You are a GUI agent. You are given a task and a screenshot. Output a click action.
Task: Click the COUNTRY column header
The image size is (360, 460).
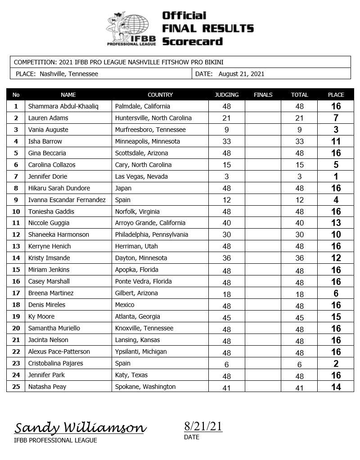click(160, 95)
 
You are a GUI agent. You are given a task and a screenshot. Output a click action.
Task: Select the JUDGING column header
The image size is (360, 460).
click(226, 95)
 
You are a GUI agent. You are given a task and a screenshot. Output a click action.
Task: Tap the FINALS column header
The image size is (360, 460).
click(263, 95)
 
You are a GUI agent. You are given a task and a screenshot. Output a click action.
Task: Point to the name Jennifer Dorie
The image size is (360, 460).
click(48, 176)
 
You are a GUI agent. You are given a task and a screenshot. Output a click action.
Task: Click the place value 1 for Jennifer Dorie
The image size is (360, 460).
click(336, 177)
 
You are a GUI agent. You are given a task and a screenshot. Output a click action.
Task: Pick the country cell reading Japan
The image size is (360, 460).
click(123, 188)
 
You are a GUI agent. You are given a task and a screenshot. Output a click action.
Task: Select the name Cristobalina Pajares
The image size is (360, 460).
click(55, 363)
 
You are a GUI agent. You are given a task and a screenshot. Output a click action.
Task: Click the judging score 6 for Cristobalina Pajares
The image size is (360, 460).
click(226, 364)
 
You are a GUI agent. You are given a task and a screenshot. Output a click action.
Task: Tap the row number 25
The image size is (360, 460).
click(16, 387)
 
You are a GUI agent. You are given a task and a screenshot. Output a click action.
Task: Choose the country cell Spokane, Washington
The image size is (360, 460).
click(145, 387)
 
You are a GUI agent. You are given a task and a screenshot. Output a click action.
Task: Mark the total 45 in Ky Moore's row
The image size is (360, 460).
click(299, 317)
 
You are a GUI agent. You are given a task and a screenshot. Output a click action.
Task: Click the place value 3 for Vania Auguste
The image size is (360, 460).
click(336, 130)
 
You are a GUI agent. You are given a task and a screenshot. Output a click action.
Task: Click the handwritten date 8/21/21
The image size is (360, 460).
click(203, 426)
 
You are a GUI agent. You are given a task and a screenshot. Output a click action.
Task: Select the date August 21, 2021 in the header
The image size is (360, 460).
click(241, 74)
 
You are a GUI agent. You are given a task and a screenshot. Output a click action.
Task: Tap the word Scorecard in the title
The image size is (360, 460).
click(192, 41)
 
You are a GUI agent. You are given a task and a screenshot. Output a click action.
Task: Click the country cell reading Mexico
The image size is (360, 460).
click(125, 305)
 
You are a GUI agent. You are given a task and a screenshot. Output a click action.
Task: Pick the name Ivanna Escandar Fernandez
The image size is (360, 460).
click(67, 200)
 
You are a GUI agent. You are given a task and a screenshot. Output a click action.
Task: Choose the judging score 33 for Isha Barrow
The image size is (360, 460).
click(226, 142)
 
